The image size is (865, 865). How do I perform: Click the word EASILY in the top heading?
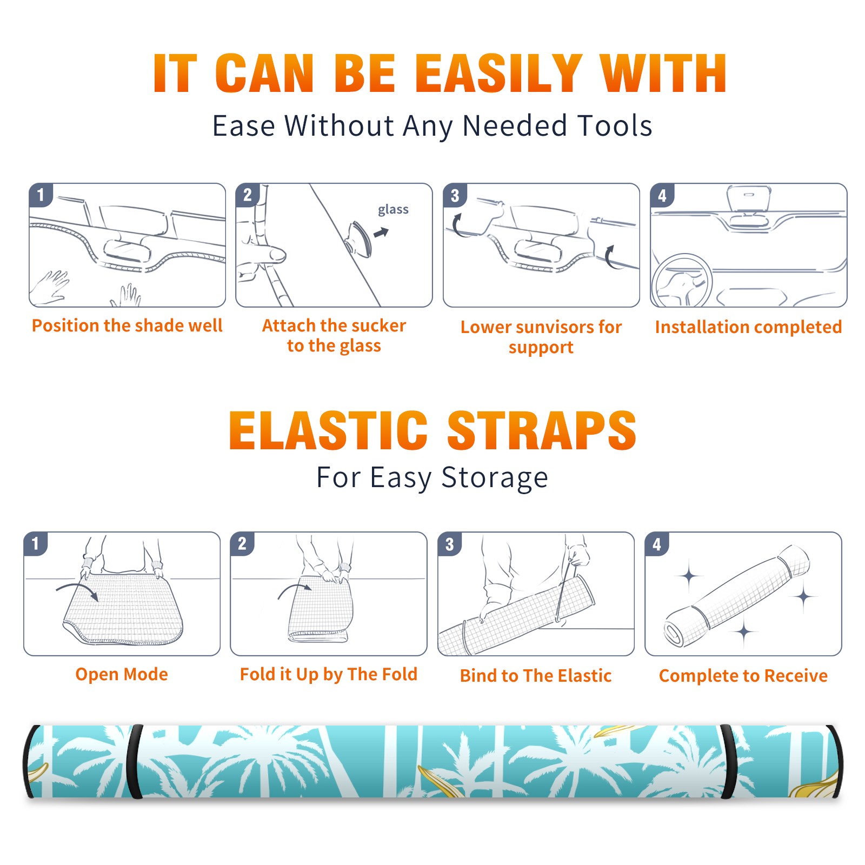498,74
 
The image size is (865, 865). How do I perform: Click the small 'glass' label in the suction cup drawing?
393,210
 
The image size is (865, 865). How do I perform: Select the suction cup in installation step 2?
360,238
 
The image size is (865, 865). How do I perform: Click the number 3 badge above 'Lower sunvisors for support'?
455,196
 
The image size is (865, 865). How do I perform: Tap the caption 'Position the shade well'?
127,325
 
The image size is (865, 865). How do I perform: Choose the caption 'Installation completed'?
748,327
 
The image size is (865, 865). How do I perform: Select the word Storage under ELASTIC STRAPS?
495,478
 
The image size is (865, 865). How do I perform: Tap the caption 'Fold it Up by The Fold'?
329,674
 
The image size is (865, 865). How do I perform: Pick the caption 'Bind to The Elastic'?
536,675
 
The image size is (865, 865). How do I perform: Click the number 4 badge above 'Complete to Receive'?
657,544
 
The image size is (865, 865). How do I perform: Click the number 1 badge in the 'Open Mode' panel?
36,544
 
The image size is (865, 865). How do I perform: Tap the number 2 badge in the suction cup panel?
248,195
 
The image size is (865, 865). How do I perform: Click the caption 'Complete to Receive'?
743,675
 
